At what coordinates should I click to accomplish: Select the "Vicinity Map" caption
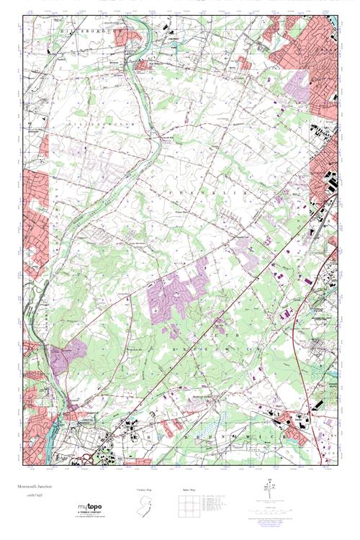coord(145,491)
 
